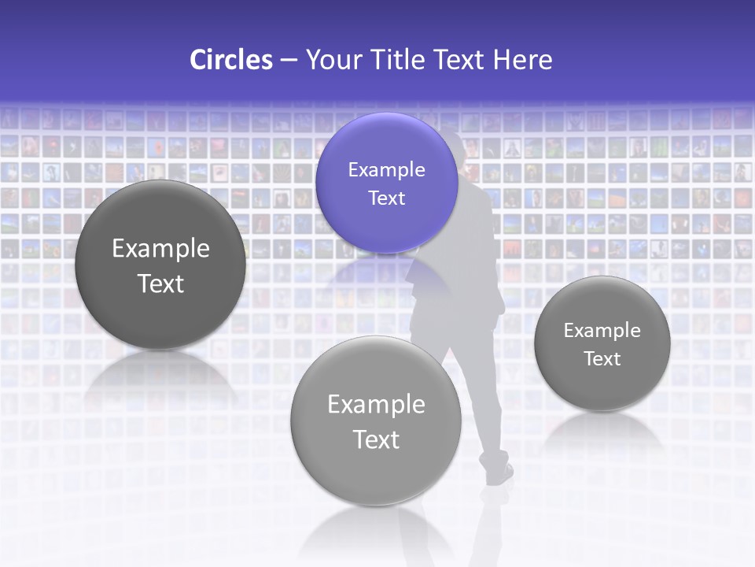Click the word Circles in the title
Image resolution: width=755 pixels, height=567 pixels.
(231, 60)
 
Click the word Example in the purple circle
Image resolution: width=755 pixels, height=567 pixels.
(386, 169)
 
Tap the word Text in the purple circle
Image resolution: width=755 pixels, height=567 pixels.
(386, 198)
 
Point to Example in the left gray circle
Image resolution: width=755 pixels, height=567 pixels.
(160, 248)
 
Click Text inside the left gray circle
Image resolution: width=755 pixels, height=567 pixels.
(160, 283)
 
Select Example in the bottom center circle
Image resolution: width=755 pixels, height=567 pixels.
(376, 404)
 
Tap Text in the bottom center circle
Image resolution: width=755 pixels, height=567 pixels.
(376, 439)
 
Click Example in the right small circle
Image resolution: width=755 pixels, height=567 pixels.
(602, 330)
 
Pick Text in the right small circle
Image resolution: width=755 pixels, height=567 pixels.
(602, 358)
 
